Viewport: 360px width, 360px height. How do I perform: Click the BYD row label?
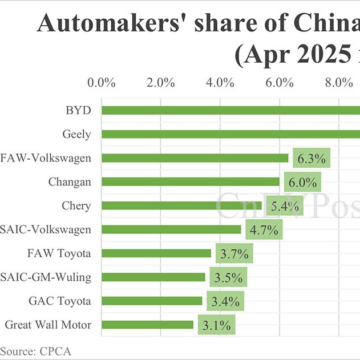pyautogui.click(x=79, y=110)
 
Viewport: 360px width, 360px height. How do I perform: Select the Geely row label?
pyautogui.click(x=76, y=134)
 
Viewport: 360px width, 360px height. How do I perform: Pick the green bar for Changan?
pyautogui.click(x=191, y=181)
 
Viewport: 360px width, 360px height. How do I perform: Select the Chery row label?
pyautogui.click(x=76, y=205)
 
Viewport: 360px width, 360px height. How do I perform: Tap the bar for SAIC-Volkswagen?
pyautogui.click(x=171, y=229)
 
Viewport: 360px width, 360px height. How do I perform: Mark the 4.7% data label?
pyautogui.click(x=264, y=230)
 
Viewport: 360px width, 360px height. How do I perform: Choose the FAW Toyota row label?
pyautogui.click(x=59, y=253)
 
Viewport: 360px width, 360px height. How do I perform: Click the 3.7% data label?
pyautogui.click(x=234, y=254)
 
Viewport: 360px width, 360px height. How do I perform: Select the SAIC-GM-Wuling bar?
pyautogui.click(x=153, y=277)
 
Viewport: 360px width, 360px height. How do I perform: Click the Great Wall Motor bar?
pyautogui.click(x=148, y=325)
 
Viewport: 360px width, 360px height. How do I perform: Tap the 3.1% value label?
pyautogui.click(x=216, y=326)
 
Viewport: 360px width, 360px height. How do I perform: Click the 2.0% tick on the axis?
pyautogui.click(x=160, y=83)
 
